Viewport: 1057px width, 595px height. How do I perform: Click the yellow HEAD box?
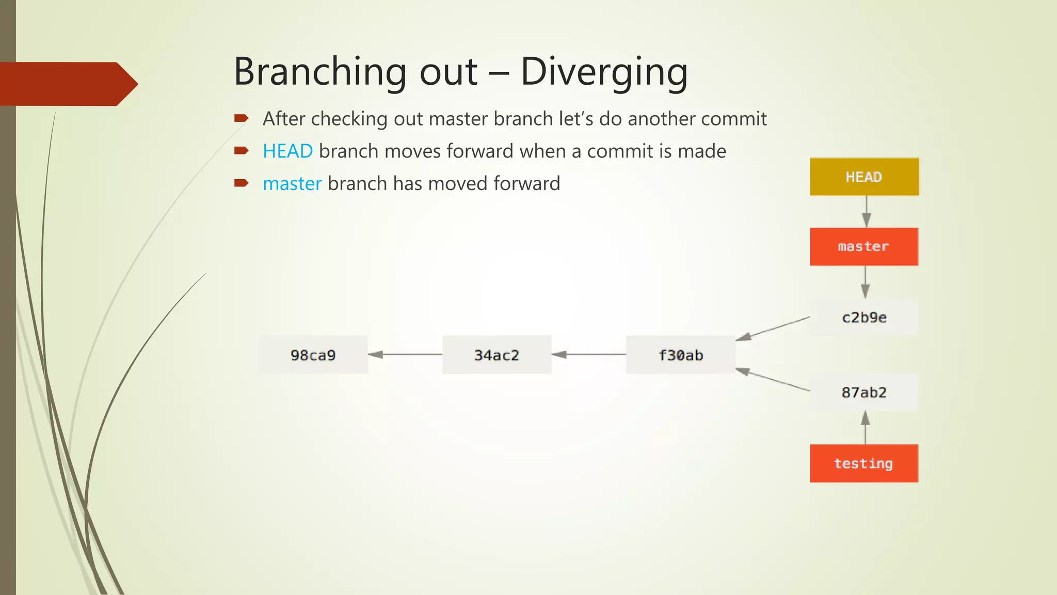pos(864,177)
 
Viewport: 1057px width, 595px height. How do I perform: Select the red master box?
pos(864,246)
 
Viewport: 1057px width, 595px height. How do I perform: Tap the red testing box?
pos(864,463)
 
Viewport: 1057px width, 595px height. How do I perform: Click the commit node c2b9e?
pos(864,317)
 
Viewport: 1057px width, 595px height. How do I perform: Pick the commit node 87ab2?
pos(864,393)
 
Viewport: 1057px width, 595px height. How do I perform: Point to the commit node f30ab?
pos(680,355)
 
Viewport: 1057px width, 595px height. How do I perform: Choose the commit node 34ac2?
pos(497,355)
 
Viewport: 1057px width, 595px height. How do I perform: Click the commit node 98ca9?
pos(313,355)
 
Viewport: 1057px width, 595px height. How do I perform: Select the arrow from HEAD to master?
pos(866,212)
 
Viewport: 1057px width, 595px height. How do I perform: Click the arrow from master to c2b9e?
pos(866,282)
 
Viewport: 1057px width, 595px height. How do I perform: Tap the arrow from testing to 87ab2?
pos(866,428)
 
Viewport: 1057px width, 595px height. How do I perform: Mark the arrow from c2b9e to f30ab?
pos(773,328)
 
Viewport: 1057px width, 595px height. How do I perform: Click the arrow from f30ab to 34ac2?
pos(588,354)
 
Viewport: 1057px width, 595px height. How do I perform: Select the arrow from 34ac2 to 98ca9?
pos(405,354)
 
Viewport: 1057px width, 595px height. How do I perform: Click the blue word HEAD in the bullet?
pos(287,151)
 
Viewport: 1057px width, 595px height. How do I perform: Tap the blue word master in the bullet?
pos(292,184)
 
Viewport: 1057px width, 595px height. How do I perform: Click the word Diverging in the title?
pos(604,72)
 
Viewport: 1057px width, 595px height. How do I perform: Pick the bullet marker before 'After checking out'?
pos(241,118)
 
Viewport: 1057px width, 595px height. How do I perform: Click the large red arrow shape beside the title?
pos(67,84)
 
